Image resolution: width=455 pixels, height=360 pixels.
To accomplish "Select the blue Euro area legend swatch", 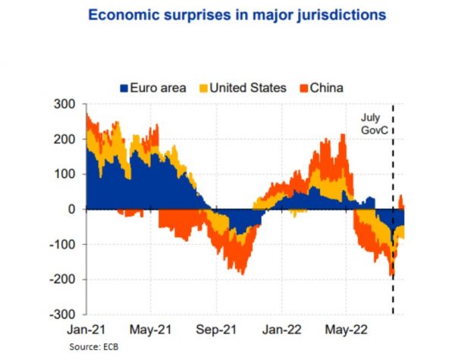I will (x=124, y=88).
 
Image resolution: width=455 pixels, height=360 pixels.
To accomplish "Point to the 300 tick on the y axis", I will (x=65, y=105).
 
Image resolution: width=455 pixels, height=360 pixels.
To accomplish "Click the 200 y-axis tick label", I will (x=65, y=139).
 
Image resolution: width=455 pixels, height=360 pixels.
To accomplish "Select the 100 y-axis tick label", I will (x=65, y=174).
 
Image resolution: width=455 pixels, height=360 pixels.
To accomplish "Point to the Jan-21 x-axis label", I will (x=86, y=330).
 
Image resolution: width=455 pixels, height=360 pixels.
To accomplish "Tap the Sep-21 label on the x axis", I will (x=215, y=330).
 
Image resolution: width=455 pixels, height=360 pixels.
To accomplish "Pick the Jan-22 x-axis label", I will (x=281, y=330).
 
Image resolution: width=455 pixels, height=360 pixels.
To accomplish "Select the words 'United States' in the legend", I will (x=249, y=88).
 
